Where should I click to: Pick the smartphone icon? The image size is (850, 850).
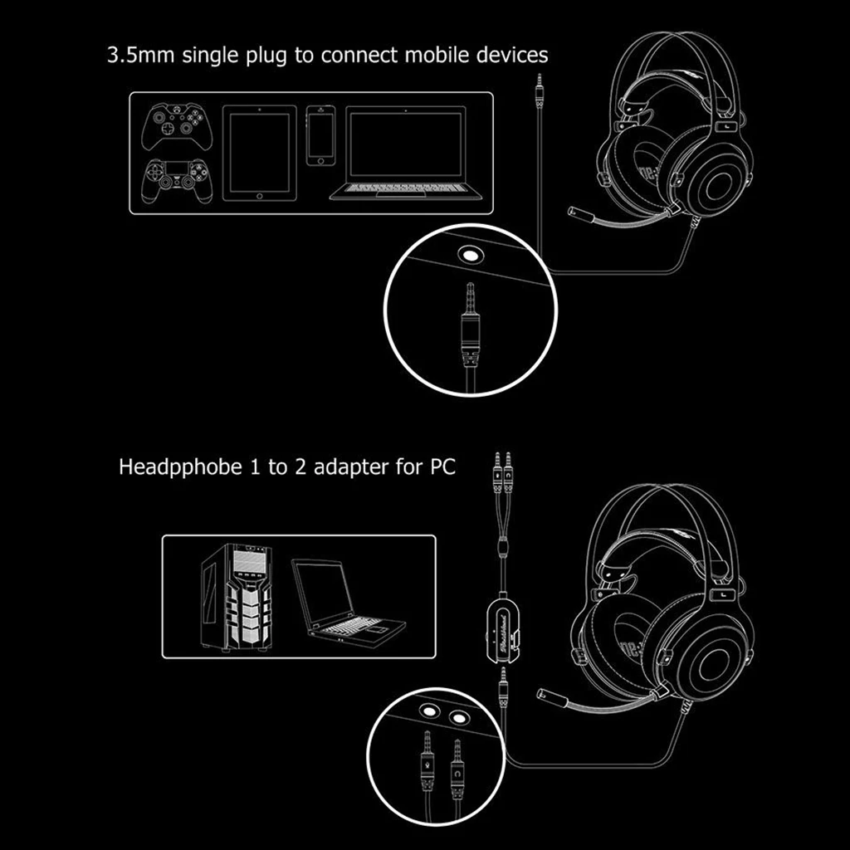point(320,135)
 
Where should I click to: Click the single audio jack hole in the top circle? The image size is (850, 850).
point(472,255)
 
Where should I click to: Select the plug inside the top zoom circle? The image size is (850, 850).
point(471,324)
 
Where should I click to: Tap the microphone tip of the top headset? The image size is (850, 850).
point(574,212)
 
